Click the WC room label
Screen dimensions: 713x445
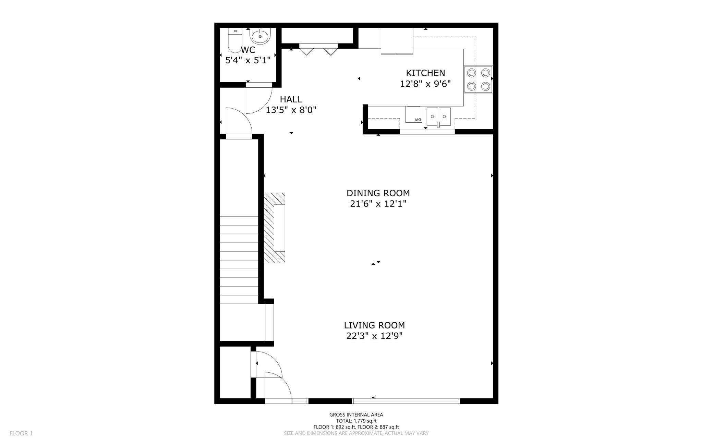[x=248, y=50]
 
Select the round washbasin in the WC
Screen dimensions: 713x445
[x=260, y=36]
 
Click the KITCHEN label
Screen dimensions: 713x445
[x=425, y=73]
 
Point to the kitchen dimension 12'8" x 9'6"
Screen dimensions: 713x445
[x=425, y=84]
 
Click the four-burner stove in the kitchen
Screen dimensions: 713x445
[x=479, y=79]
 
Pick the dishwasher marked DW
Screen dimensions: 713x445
[x=414, y=114]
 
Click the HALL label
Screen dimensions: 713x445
[x=291, y=99]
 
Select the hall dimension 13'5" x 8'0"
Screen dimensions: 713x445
[x=291, y=110]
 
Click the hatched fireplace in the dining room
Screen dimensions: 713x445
[x=274, y=228]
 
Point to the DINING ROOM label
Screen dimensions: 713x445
[x=378, y=193]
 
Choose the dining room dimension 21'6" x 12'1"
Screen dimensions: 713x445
[x=378, y=204]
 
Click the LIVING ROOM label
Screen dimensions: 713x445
[x=374, y=325]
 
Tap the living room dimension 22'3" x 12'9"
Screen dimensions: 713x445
[x=374, y=336]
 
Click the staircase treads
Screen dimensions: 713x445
[x=239, y=260]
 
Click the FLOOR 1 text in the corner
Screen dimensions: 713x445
[x=21, y=433]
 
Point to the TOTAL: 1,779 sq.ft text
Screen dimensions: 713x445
[x=356, y=421]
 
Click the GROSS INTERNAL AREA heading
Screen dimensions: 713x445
[x=356, y=415]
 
